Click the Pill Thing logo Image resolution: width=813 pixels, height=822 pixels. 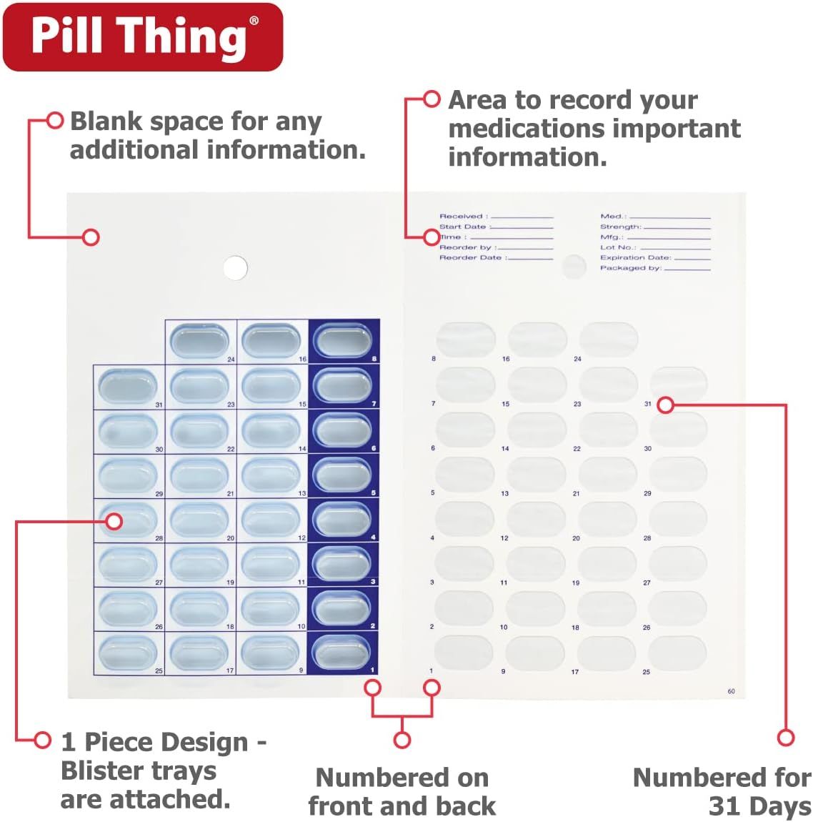pyautogui.click(x=143, y=37)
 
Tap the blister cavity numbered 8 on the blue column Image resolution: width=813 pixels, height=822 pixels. pyautogui.click(x=343, y=341)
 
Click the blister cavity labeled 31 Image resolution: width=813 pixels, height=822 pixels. pyautogui.click(x=128, y=387)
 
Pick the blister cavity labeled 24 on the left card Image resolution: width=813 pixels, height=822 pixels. pyautogui.click(x=200, y=341)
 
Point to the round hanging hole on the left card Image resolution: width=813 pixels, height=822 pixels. pyautogui.click(x=235, y=268)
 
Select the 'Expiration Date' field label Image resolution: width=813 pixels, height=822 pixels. pyautogui.click(x=634, y=257)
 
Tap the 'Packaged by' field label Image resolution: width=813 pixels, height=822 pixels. pyautogui.click(x=630, y=268)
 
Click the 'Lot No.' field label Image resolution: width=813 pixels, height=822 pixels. pyautogui.click(x=618, y=247)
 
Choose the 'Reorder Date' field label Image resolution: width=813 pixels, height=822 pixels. pyautogui.click(x=472, y=257)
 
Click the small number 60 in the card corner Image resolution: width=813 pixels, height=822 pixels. pyautogui.click(x=731, y=691)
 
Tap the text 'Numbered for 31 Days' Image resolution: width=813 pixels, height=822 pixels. pyautogui.click(x=722, y=791)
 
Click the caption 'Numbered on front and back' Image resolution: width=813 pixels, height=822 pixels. pyautogui.click(x=402, y=791)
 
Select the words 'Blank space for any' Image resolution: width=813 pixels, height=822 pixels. pyautogui.click(x=195, y=122)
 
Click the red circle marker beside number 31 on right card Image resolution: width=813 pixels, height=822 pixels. pyautogui.click(x=665, y=405)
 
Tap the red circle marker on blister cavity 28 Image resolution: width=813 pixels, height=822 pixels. pyautogui.click(x=114, y=522)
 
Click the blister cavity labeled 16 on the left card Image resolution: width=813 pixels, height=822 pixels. pyautogui.click(x=271, y=341)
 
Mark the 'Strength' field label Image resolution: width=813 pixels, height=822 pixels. pyautogui.click(x=620, y=227)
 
